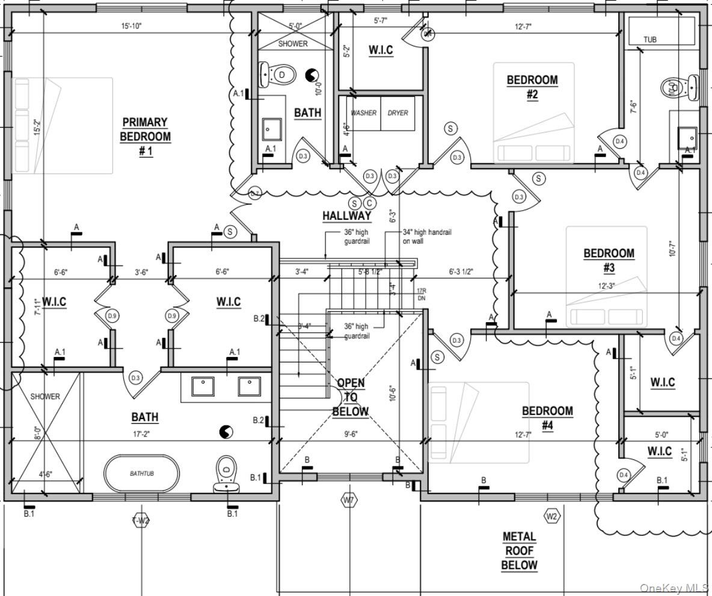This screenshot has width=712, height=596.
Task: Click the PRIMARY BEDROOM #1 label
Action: (145, 137)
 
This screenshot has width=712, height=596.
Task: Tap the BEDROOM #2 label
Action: (532, 87)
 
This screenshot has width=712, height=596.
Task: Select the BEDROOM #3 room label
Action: (609, 260)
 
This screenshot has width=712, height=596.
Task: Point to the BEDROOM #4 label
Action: (547, 418)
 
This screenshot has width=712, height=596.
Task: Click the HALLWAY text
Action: (346, 216)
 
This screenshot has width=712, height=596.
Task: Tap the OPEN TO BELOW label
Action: (350, 397)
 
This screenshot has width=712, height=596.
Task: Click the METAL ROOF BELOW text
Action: (519, 550)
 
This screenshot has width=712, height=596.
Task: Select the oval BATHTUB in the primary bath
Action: (142, 473)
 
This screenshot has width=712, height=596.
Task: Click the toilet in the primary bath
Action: (226, 473)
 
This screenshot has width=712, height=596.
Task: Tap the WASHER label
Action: (363, 113)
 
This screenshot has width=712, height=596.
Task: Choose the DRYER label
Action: (397, 113)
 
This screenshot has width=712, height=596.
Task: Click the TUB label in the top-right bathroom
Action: (649, 40)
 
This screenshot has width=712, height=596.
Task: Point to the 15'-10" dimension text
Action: (131, 26)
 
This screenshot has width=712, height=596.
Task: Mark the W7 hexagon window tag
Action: (348, 500)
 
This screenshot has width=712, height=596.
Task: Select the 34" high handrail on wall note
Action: (427, 236)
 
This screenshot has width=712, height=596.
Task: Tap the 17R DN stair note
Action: (422, 294)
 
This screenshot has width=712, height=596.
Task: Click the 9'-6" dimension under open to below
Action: (351, 433)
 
